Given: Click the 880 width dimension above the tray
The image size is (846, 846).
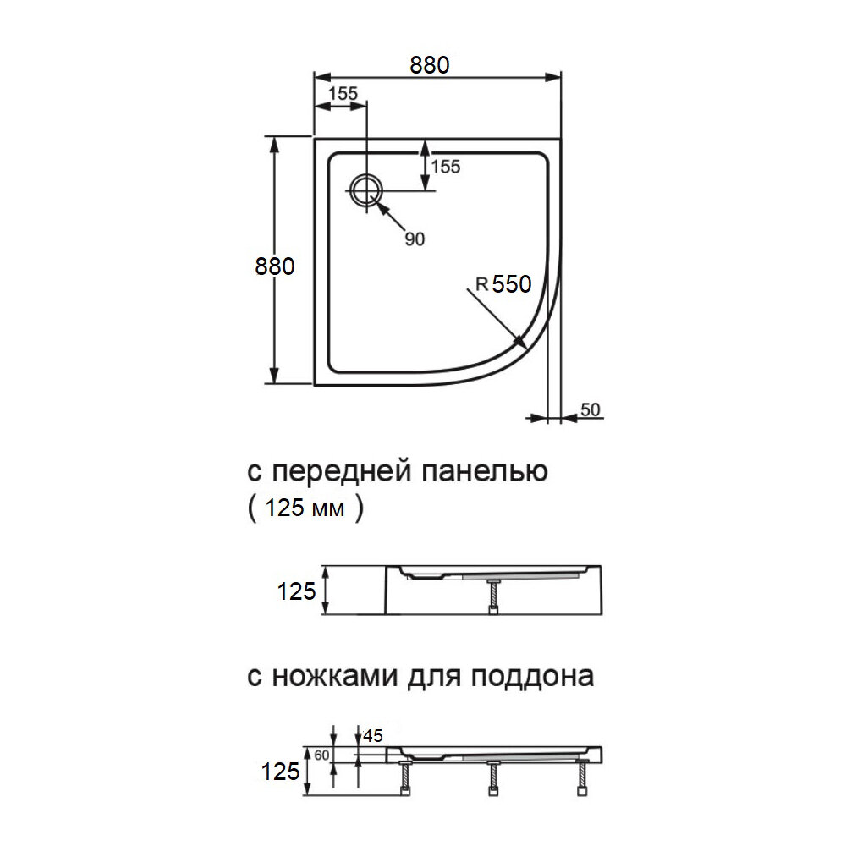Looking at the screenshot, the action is [429, 65].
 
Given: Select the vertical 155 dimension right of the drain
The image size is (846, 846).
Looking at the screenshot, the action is [445, 167].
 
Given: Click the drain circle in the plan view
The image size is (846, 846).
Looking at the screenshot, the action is [366, 190].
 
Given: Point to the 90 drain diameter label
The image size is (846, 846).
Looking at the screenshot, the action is [414, 239].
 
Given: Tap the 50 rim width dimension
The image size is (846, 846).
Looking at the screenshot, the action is [591, 410].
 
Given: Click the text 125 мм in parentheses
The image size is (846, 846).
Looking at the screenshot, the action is [305, 509].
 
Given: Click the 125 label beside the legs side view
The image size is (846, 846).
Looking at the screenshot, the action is [280, 771].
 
